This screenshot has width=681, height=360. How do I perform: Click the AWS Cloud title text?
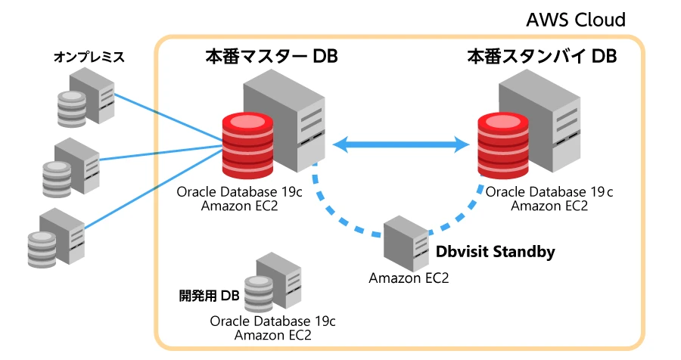click(x=577, y=19)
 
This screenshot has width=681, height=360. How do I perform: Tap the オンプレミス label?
click(x=89, y=57)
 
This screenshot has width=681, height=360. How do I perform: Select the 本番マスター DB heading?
click(x=271, y=57)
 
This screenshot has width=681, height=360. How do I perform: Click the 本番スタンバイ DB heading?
click(x=541, y=57)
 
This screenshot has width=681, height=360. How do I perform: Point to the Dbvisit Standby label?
click(x=496, y=252)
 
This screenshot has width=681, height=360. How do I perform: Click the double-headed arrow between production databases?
click(x=400, y=144)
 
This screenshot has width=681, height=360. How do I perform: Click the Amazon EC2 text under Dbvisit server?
click(x=409, y=278)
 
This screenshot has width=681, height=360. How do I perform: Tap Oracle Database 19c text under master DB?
click(x=240, y=192)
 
